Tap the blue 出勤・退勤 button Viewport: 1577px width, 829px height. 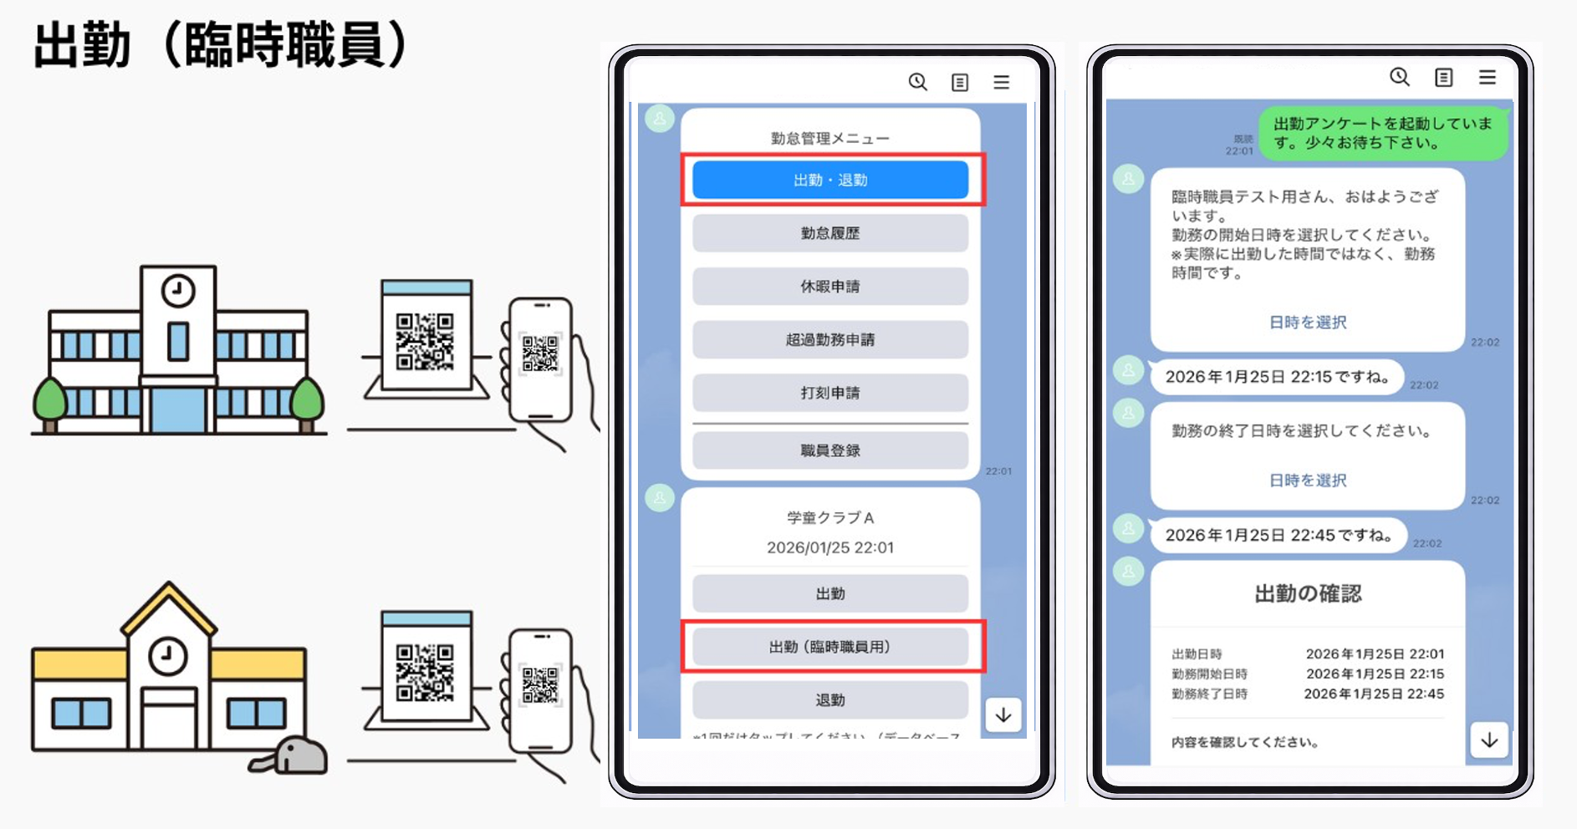[829, 180]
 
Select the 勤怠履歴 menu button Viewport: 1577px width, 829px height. [829, 233]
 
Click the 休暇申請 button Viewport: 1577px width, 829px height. [829, 287]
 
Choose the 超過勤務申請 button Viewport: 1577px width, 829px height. [829, 339]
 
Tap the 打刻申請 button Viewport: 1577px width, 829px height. [829, 393]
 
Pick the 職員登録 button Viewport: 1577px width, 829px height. [829, 450]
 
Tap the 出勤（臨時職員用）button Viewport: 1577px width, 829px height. [829, 647]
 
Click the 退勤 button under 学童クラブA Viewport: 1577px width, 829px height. [829, 700]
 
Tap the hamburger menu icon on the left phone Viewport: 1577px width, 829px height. [1002, 82]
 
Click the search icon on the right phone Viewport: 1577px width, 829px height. [1400, 77]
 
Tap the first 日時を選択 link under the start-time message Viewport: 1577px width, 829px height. [1308, 323]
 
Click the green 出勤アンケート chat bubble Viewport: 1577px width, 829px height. [1383, 133]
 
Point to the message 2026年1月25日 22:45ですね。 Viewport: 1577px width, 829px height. [1278, 536]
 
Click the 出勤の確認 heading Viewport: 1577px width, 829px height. [1308, 594]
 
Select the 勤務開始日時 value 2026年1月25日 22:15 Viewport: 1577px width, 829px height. [1375, 674]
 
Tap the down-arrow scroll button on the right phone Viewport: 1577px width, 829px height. [1489, 740]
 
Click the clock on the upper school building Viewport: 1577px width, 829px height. [178, 292]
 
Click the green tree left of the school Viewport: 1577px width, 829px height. [49, 401]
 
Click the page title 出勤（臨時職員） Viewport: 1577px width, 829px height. [221, 45]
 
